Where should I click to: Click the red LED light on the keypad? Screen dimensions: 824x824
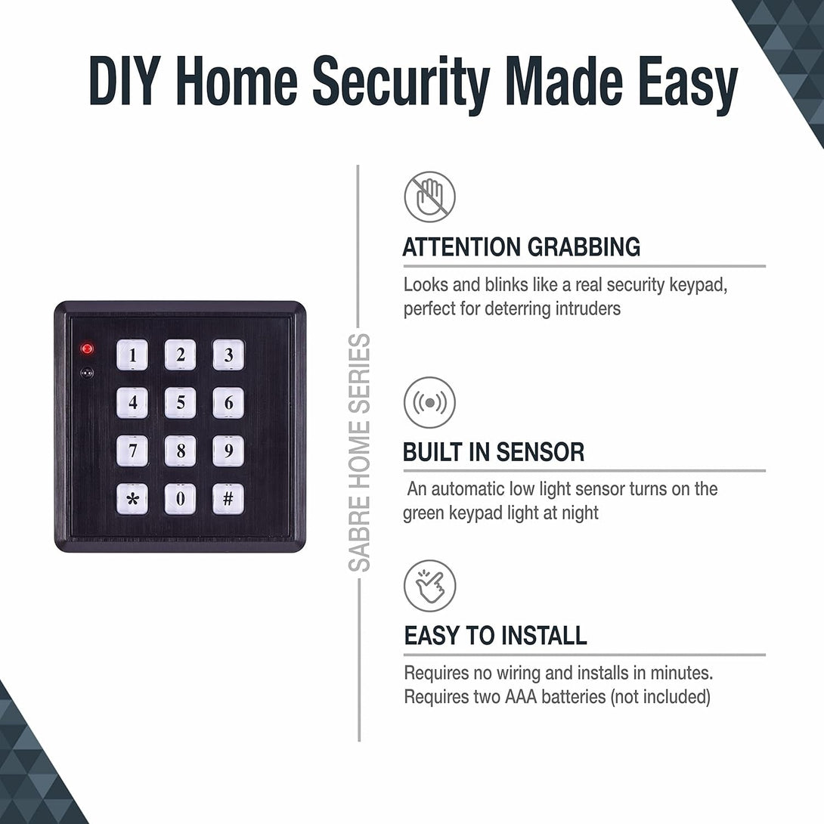(88, 348)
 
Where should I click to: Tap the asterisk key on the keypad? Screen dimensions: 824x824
(132, 499)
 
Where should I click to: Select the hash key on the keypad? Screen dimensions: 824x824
(228, 499)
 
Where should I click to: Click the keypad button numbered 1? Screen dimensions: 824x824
(132, 355)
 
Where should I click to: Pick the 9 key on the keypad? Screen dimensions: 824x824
(228, 451)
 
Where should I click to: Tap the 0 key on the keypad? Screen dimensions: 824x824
(180, 499)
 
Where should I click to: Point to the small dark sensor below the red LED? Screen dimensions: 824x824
(88, 372)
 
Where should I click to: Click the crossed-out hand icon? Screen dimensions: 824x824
(429, 197)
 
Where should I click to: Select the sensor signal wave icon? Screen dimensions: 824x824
(429, 402)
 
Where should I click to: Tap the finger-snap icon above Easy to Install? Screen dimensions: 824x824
(429, 585)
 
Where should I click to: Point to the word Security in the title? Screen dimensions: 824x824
(401, 82)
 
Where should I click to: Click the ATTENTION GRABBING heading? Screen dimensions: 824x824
(521, 247)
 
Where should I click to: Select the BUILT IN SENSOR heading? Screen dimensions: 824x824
(493, 452)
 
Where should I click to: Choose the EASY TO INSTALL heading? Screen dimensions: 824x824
(495, 635)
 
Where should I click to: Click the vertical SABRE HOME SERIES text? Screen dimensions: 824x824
(360, 452)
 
